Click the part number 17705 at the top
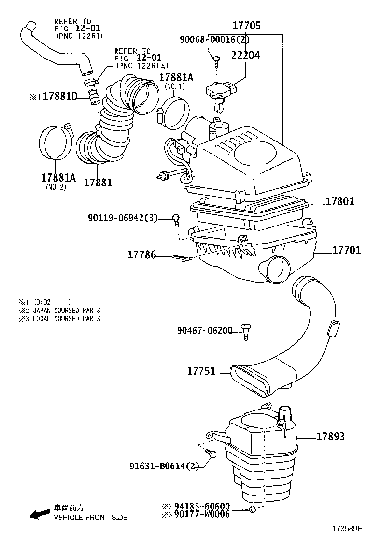click(246, 25)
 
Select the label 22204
click(245, 55)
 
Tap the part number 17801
click(339, 201)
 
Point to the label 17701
click(346, 250)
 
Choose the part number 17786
click(142, 254)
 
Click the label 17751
click(201, 371)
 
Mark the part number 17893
click(330, 437)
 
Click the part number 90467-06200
click(205, 330)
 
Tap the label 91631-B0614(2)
click(164, 466)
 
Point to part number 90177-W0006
click(202, 514)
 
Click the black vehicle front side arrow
click(40, 513)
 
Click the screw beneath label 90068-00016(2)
click(216, 61)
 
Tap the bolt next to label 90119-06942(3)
click(176, 220)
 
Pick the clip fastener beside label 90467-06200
click(245, 330)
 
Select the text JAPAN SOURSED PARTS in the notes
click(67, 311)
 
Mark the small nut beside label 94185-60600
click(252, 509)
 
